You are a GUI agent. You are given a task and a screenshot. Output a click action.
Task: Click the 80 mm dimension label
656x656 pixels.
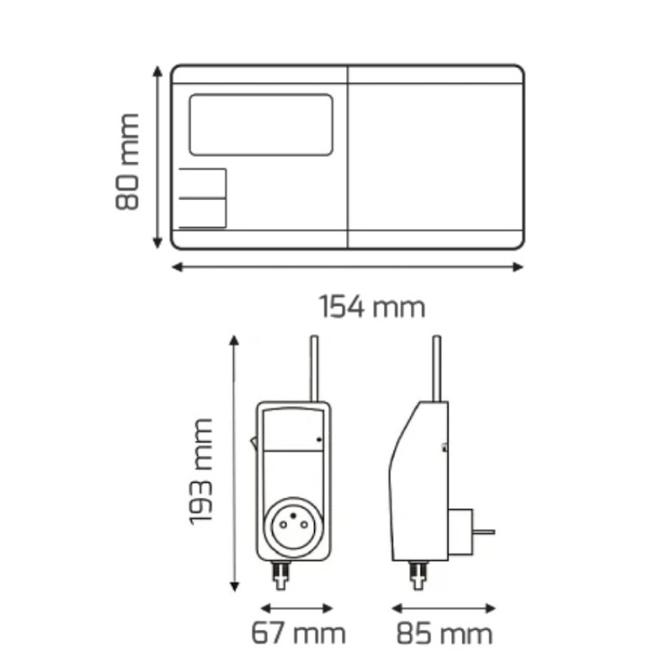pos(127,162)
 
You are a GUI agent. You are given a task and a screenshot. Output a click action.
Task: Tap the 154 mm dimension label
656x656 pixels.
pos(372,307)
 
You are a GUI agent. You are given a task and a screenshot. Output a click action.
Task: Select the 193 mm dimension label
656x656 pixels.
pos(201,471)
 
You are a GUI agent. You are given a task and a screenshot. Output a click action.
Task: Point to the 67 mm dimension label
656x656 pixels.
pos(298,633)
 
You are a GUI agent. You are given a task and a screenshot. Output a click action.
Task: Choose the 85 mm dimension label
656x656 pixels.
pos(444,633)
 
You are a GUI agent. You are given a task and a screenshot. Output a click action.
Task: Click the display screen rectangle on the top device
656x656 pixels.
pos(261,125)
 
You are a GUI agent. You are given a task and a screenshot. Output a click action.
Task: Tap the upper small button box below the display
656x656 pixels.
pos(203,183)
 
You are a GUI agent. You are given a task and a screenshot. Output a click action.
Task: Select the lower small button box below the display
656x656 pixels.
pos(203,213)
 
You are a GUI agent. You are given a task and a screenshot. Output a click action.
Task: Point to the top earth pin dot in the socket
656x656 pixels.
pos(294,516)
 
